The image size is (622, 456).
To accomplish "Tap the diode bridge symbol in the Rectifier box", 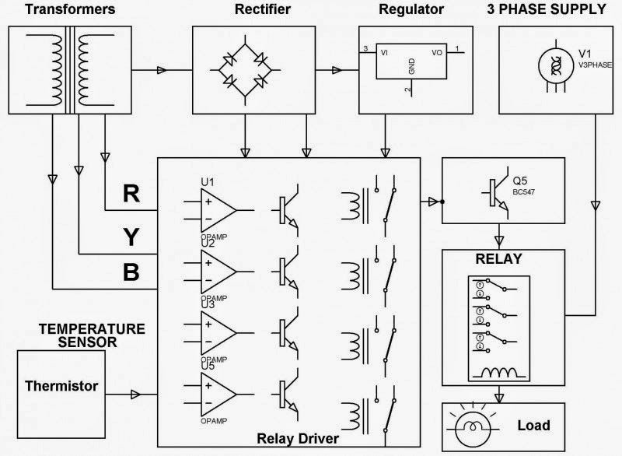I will coord(244,68).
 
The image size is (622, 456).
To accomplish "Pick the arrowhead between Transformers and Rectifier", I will coord(162,71).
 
